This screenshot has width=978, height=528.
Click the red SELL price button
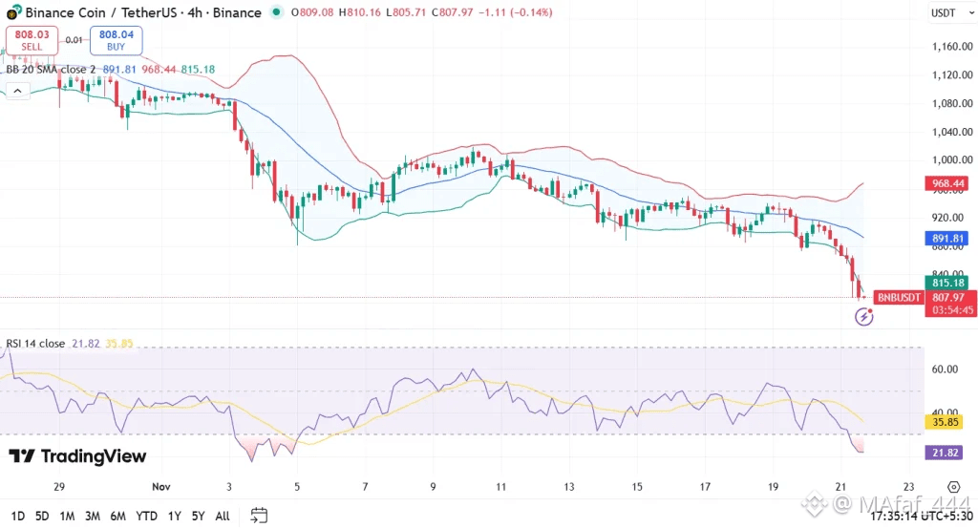click(x=32, y=39)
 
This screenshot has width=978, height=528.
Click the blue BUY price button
click(x=116, y=39)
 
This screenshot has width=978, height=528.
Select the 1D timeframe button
click(x=16, y=516)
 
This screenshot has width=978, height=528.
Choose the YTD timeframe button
click(x=146, y=516)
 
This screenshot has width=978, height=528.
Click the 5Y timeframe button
click(x=197, y=516)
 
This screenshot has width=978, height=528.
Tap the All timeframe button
click(x=223, y=516)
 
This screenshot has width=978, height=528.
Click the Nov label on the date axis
click(x=161, y=486)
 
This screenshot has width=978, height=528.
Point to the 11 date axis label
click(x=500, y=486)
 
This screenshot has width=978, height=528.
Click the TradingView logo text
click(x=78, y=456)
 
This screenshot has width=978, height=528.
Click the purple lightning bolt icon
click(x=863, y=316)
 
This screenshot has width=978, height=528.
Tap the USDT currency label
click(x=943, y=12)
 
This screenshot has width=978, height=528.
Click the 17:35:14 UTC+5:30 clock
click(x=919, y=516)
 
